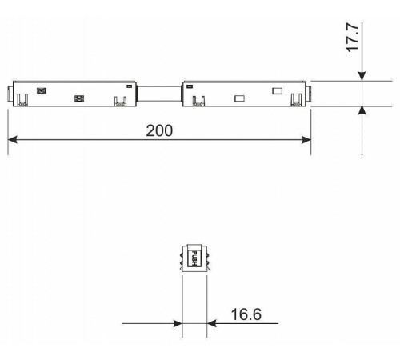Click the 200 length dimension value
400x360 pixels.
coord(158,130)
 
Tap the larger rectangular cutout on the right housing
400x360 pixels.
coord(238,98)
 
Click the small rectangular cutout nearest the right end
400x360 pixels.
coord(277,90)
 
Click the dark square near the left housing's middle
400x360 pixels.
coord(78,98)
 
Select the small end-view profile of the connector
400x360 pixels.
coord(194,258)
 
